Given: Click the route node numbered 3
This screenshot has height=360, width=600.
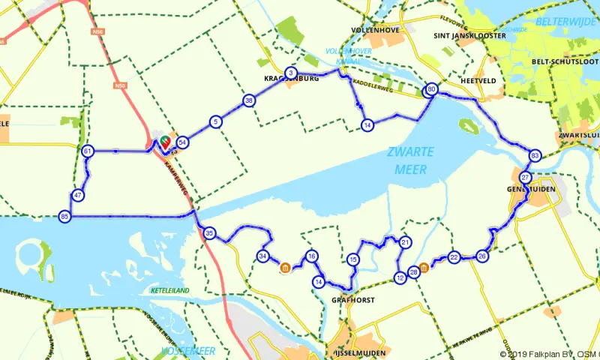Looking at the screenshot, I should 291,73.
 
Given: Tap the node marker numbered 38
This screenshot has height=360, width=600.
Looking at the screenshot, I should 248,100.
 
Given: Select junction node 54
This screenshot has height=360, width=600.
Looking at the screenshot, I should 182,142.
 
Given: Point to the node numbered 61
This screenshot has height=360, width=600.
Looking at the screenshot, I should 88,151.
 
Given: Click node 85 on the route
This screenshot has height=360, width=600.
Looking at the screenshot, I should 64,217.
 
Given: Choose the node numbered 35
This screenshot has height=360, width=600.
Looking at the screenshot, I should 210,233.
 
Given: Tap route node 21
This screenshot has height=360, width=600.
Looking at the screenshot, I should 405,242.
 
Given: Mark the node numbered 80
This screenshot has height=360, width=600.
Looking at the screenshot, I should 431,90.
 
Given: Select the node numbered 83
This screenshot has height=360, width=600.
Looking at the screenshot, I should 535,155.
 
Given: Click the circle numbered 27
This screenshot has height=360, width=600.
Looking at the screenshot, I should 526,178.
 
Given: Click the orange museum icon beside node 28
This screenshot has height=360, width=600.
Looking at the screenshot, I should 424,268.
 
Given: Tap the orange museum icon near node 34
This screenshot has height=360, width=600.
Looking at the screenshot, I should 284,267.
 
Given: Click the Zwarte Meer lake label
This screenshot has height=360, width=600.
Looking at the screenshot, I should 410,160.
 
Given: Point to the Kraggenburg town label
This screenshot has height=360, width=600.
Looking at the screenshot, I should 292,78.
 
